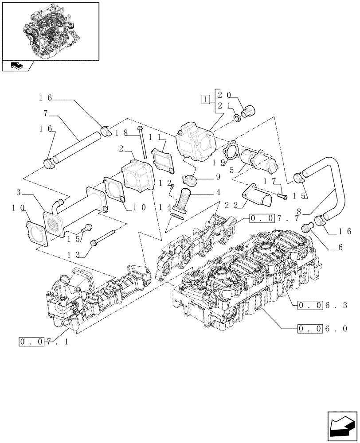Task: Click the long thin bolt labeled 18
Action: pyautogui.click(x=143, y=142)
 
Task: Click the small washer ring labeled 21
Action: pyautogui.click(x=237, y=118)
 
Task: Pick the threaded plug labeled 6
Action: pyautogui.click(x=305, y=228)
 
